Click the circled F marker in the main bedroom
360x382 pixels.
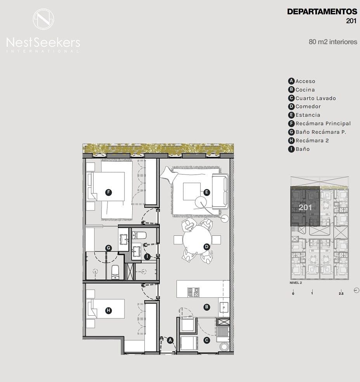tap(109, 192)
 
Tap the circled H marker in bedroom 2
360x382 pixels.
tap(109, 310)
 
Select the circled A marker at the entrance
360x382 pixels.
tap(170, 341)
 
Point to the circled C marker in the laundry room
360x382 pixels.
tap(207, 341)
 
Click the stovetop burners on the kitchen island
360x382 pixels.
tap(193, 292)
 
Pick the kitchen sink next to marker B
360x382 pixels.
tap(224, 308)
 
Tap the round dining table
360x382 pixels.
tap(197, 240)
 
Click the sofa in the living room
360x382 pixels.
tap(220, 192)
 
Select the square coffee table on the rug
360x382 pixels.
tap(192, 192)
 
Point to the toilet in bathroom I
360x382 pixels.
tap(139, 235)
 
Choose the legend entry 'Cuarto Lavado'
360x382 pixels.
tap(316, 98)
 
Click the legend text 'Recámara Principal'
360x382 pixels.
tap(323, 123)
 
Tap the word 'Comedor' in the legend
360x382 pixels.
tap(308, 107)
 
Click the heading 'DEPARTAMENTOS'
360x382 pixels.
tap(322, 12)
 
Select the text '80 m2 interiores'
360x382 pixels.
tap(333, 42)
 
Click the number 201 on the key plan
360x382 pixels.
tap(305, 207)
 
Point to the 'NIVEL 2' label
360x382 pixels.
tap(296, 283)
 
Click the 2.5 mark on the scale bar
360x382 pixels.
tap(341, 294)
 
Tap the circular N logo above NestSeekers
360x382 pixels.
tap(43, 19)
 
